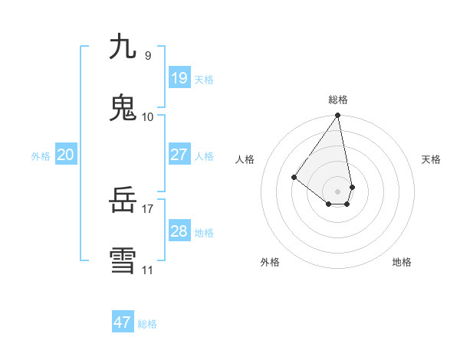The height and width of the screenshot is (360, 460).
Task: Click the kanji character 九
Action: coord(123,47)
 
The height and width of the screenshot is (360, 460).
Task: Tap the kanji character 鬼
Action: coord(123,108)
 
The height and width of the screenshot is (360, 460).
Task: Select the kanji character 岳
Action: coord(123,201)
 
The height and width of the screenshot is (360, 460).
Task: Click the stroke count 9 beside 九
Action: coord(147,55)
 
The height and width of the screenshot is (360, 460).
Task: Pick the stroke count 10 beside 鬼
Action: coord(147,116)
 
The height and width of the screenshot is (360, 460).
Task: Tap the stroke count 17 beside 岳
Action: coord(147,208)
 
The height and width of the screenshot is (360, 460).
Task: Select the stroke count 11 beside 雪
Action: coord(147,270)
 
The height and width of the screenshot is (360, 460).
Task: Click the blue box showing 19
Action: coord(179,77)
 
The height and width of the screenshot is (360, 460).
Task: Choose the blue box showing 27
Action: coord(179,154)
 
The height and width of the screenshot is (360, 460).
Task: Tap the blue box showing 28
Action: coord(179,231)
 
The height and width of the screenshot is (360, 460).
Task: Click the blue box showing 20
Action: coord(65,155)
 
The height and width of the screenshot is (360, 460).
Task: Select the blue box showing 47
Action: coord(123,322)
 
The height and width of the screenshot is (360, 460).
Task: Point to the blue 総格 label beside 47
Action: coord(147,324)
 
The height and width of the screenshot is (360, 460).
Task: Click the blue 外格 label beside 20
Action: coord(41,156)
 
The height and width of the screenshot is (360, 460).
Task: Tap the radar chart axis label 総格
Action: coord(338,100)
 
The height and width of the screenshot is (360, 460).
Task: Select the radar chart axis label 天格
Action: coord(432,159)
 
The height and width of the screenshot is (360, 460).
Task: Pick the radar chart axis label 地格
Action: coord(402,262)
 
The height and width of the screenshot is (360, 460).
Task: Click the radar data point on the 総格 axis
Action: coord(338,116)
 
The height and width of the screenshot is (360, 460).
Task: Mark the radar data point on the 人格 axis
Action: coord(294,177)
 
